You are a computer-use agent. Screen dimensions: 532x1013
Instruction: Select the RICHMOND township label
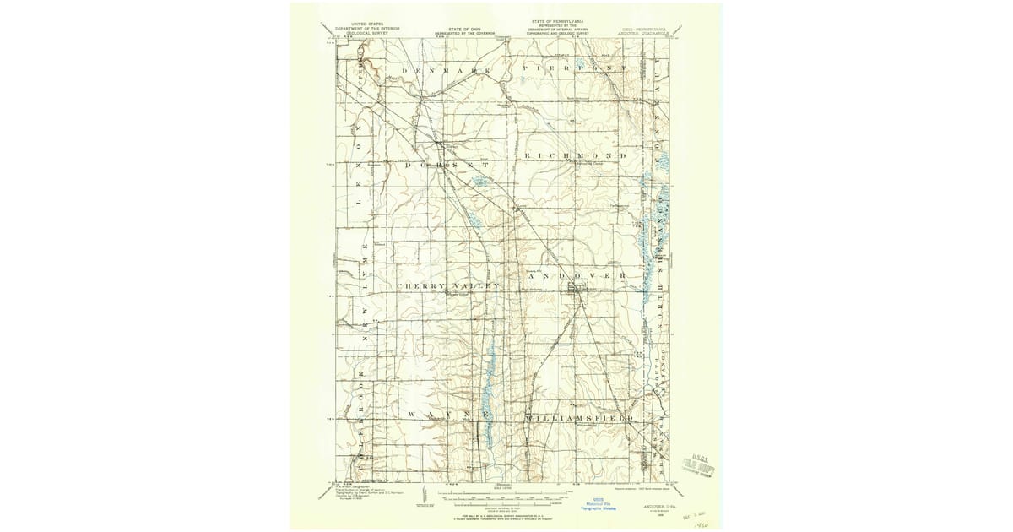pos(575,157)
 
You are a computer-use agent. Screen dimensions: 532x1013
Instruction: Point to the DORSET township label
pos(447,165)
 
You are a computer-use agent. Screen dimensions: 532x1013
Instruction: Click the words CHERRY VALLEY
pos(448,286)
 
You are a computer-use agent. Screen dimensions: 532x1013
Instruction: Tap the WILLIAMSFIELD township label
pos(577,418)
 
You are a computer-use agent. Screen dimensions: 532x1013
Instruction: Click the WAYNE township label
pos(439,415)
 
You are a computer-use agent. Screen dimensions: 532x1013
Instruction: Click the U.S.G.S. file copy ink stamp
pos(703,461)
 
